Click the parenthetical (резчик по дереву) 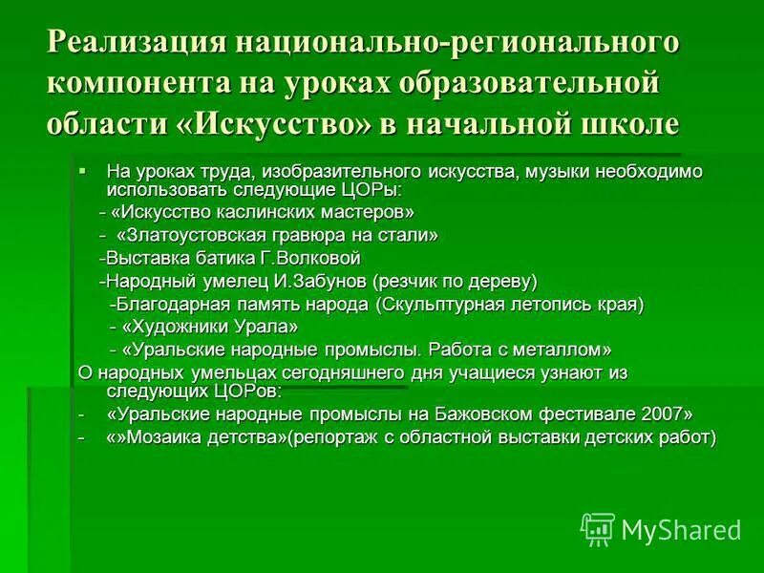(456, 282)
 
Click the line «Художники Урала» (202, 328)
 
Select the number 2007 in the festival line (661, 414)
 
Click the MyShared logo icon (598, 528)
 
